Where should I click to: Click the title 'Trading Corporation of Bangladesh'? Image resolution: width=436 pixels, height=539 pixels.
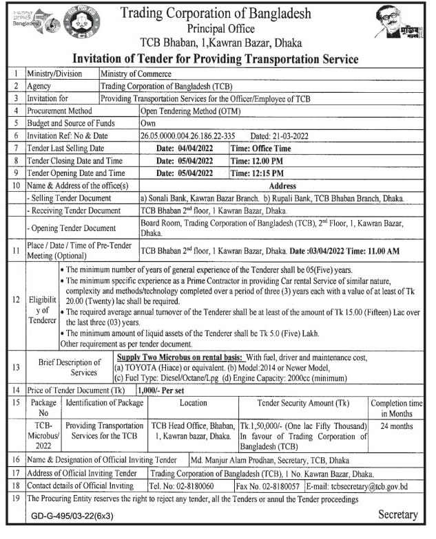tap(216, 13)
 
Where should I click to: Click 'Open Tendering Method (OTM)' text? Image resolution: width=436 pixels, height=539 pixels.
tap(186, 111)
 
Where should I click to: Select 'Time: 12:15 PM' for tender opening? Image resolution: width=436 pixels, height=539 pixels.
tap(256, 173)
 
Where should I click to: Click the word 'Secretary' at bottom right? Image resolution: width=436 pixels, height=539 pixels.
tap(397, 515)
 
